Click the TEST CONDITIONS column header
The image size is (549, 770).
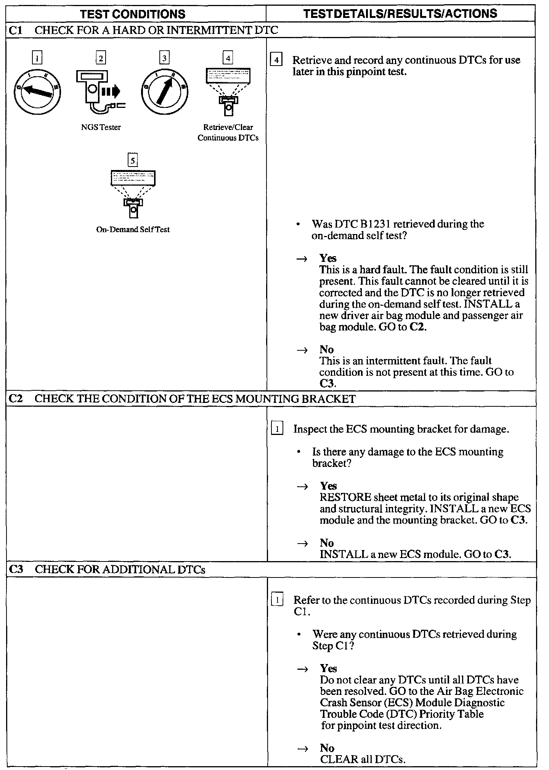[x=133, y=14]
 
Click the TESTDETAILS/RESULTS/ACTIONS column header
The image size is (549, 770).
[x=400, y=14]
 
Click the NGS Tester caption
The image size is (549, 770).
[x=101, y=127]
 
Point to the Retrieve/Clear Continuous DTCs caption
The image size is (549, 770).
[x=228, y=133]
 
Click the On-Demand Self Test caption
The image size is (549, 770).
[x=133, y=230]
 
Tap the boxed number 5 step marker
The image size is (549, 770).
[x=133, y=160]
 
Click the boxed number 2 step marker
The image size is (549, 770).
[x=101, y=58]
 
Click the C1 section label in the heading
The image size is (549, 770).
[x=16, y=30]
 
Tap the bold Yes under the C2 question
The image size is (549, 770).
[x=329, y=486]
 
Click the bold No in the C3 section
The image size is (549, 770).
[x=327, y=748]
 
